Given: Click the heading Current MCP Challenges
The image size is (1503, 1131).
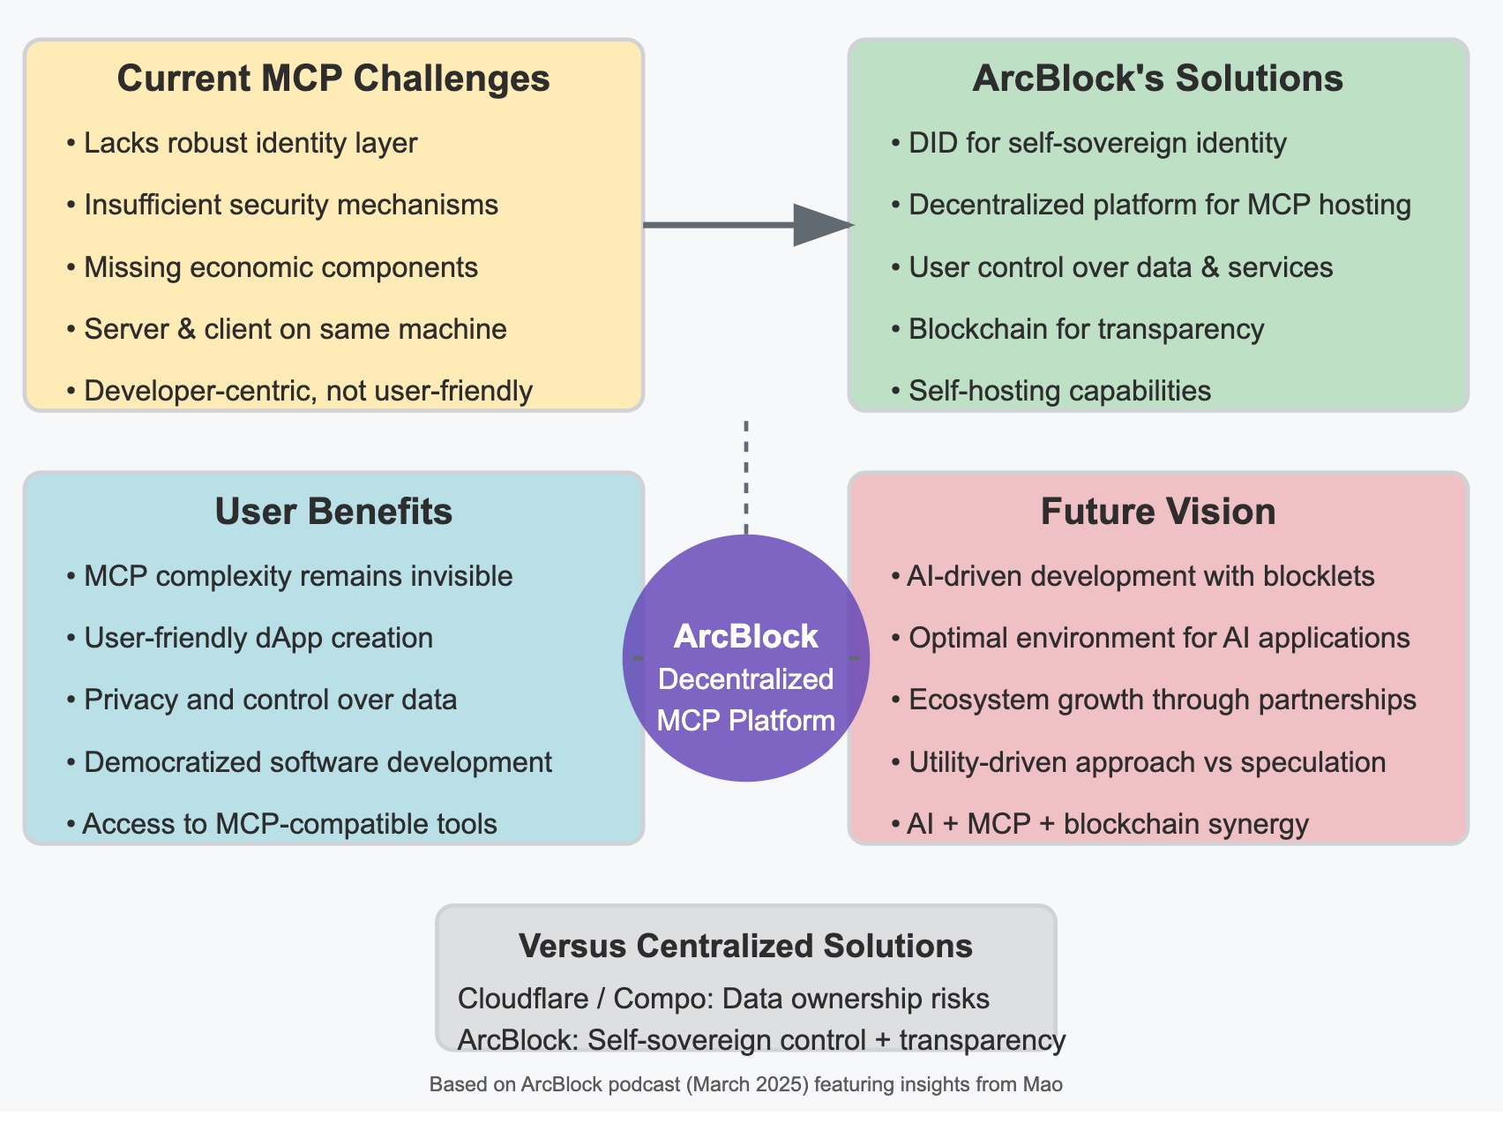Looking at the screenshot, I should pos(333,79).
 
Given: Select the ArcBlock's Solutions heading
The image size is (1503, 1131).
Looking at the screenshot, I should pos(1157,79).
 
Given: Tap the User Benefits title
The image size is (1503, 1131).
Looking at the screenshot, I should pos(333,512).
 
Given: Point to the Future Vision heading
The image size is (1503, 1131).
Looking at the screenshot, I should pos(1157,512).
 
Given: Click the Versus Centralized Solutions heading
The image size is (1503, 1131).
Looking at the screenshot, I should pos(745,946).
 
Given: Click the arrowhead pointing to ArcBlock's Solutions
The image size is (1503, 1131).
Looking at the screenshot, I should pos(820,225).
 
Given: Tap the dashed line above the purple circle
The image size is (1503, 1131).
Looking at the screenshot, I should pos(746,476).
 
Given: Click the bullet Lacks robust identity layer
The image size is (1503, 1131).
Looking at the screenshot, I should pos(250,143).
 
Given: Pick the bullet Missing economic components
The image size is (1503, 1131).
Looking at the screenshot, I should pos(280,267).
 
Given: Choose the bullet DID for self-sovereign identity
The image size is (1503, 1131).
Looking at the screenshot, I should pos(1097,143).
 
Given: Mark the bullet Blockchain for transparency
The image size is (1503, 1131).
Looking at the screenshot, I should pos(1086,329).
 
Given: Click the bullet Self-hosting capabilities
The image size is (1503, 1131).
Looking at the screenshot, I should pos(1059,391).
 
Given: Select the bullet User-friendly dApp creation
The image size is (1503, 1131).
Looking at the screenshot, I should pos(258,638).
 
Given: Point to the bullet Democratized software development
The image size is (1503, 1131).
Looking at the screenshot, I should pos(318,762).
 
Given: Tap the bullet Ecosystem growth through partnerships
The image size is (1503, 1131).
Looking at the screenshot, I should pos(1162,700).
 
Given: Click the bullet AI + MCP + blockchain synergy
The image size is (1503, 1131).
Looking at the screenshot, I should pos(1108,824).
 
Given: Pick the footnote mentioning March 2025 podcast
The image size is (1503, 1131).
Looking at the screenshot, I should pos(745,1084).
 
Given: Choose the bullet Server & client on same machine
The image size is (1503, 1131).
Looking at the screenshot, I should pos(295,329).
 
